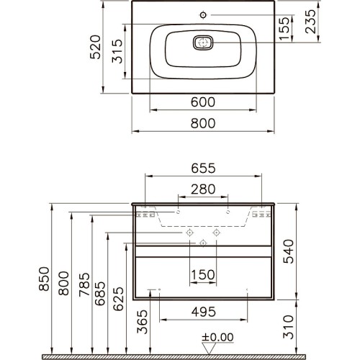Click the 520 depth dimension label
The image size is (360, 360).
[95, 47]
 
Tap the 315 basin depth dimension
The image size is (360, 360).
[117, 51]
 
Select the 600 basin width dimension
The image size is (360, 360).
[203, 102]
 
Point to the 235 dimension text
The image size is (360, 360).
[311, 22]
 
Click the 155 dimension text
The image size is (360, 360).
[284, 28]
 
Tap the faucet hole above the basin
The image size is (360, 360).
[203, 15]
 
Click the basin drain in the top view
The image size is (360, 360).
[203, 43]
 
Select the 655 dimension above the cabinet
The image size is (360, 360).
[203, 168]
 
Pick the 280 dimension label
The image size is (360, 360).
[203, 189]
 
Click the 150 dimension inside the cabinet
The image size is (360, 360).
[203, 274]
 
